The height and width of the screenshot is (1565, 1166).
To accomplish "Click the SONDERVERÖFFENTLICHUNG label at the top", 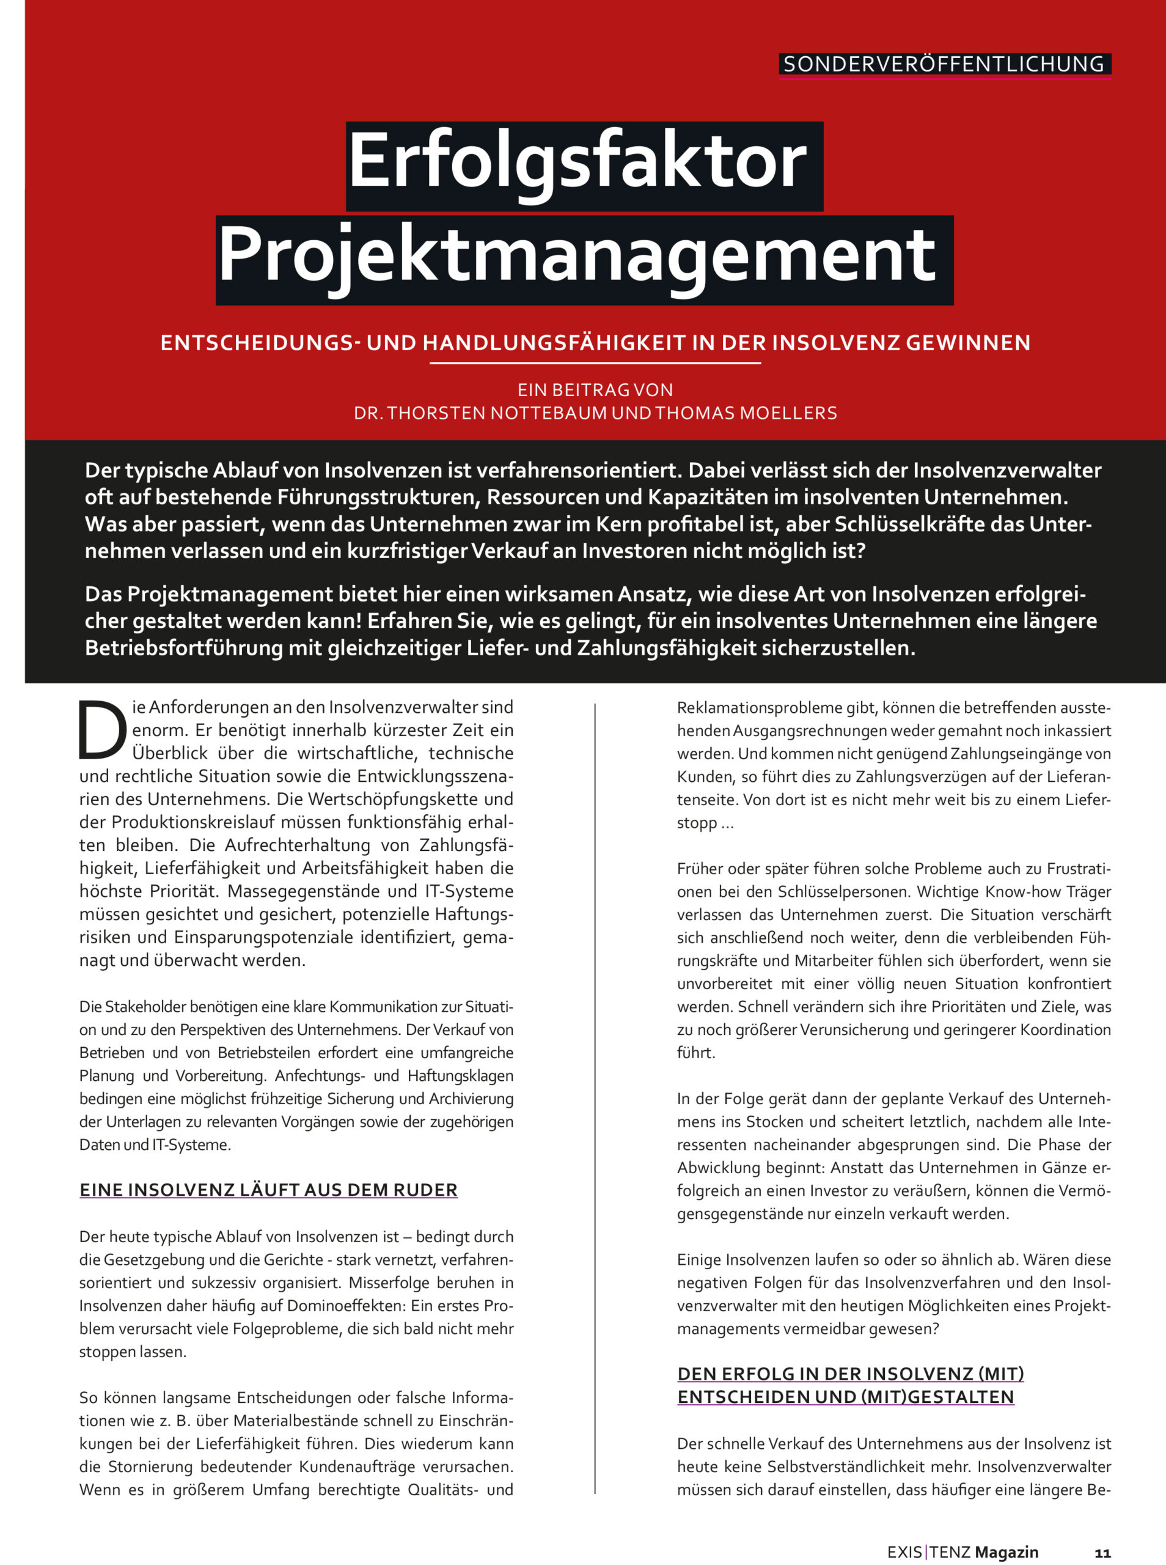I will [x=944, y=64].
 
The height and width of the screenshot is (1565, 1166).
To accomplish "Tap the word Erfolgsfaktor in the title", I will [x=577, y=161].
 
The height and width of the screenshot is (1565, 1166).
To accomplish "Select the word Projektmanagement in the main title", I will [x=577, y=256].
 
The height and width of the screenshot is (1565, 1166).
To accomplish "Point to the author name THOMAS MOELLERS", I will [x=746, y=413].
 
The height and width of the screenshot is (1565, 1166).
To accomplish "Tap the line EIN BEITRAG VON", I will [x=595, y=389].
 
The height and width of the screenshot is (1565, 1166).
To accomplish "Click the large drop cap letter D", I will [x=101, y=730].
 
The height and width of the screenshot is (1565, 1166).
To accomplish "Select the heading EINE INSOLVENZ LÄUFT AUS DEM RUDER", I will [x=268, y=1190].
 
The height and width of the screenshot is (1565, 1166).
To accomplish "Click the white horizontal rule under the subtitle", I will [x=595, y=363].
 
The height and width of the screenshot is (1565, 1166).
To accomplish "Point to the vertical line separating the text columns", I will [x=595, y=1094].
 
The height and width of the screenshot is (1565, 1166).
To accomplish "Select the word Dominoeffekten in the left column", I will [x=290, y=1306].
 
